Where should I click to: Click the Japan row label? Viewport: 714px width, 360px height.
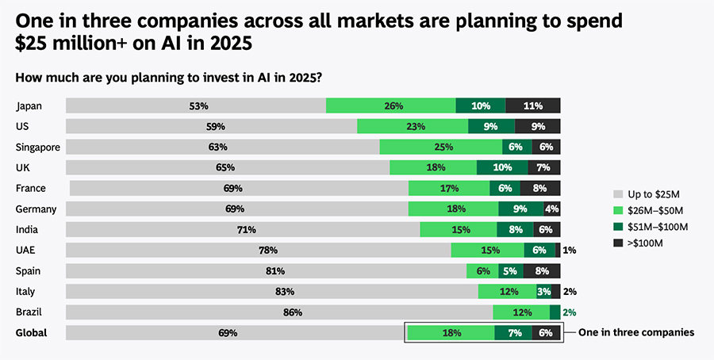[29, 105]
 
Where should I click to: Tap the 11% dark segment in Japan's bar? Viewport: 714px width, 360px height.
[533, 105]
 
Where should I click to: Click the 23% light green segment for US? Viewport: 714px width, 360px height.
[412, 126]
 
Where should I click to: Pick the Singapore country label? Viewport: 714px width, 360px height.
[38, 147]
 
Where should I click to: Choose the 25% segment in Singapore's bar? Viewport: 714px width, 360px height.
[440, 147]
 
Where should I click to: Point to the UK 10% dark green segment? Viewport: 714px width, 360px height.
[502, 167]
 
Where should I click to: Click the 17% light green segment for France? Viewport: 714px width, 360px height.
[449, 188]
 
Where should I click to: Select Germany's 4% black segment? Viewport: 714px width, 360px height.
[552, 209]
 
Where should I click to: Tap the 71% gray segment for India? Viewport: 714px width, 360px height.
[243, 230]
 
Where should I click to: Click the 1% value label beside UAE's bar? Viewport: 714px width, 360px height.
[569, 251]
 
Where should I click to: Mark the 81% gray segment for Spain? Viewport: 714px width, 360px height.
[266, 271]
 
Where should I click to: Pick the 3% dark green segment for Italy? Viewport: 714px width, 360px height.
[543, 292]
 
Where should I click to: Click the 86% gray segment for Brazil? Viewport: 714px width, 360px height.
[279, 312]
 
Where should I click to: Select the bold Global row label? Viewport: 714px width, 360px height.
[32, 333]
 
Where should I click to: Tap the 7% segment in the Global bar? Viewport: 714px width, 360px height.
[513, 333]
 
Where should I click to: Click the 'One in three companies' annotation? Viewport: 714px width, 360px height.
[635, 333]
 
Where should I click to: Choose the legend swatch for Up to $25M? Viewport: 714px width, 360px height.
[618, 193]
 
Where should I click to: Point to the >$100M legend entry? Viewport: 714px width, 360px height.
[644, 243]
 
